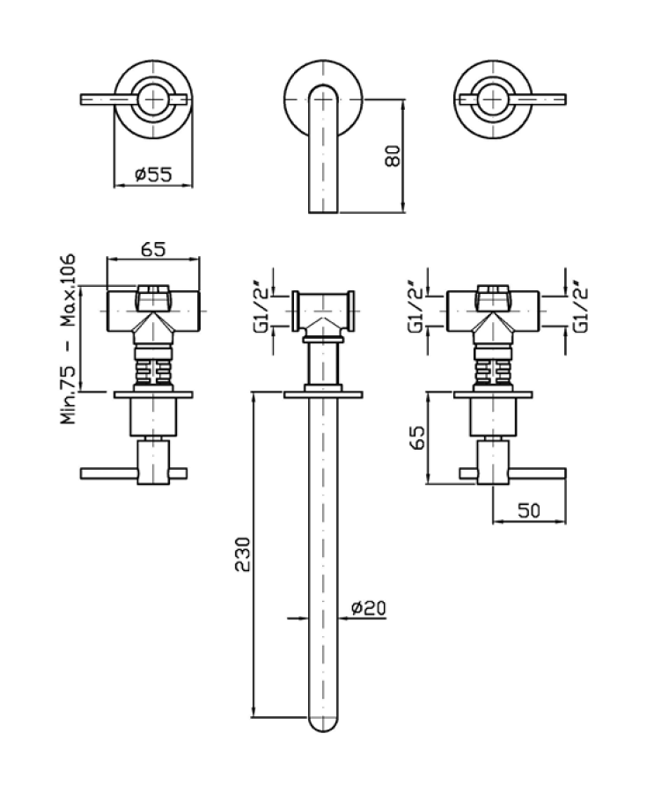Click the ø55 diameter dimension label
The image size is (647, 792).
tap(153, 174)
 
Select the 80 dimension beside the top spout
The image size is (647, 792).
tap(393, 156)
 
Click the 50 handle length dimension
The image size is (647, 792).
tap(528, 511)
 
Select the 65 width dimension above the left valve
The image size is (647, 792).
tap(152, 249)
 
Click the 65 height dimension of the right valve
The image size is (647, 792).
tap(418, 437)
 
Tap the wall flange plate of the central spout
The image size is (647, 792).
tap(324, 393)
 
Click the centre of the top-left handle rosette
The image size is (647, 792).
tap(153, 99)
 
